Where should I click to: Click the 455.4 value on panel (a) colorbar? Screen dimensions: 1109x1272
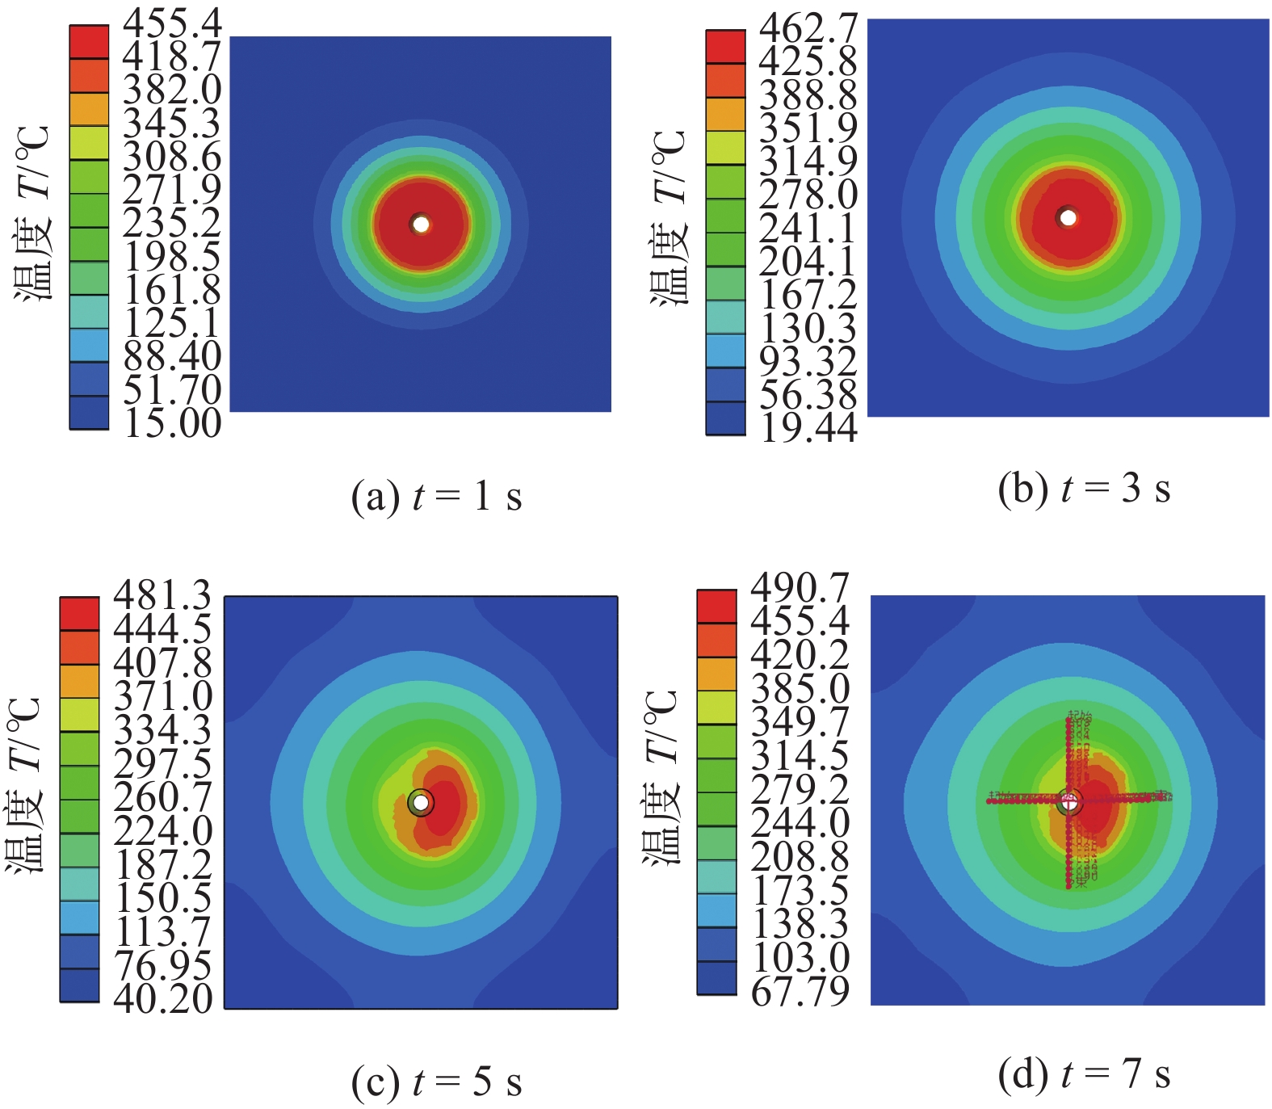click(x=172, y=23)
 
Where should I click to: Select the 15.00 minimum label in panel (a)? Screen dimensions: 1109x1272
click(x=172, y=422)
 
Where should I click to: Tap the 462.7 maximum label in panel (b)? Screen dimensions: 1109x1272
click(x=808, y=28)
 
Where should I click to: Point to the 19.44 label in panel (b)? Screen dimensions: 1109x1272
click(x=808, y=427)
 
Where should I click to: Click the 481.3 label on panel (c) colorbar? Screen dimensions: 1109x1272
click(x=162, y=595)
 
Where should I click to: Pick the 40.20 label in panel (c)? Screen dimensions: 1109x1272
click(x=162, y=999)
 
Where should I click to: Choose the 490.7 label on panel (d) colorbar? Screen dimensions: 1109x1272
click(x=800, y=587)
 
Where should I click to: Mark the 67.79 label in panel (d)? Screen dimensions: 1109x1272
click(x=800, y=991)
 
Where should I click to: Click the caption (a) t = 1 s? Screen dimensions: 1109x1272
click(x=436, y=496)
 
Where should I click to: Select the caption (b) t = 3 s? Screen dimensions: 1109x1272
click(x=1084, y=489)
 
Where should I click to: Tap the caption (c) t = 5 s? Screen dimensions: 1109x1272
click(x=436, y=1082)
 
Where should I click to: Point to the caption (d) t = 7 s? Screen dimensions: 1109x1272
click(x=1084, y=1074)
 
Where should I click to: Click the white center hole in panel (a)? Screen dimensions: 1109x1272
click(x=421, y=225)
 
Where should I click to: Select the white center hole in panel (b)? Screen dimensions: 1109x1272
click(x=1068, y=218)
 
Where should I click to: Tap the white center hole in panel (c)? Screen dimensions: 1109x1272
click(x=421, y=803)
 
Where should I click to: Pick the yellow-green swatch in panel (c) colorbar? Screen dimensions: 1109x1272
click(x=79, y=715)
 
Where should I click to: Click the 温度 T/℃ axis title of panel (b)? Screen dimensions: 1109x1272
click(x=670, y=218)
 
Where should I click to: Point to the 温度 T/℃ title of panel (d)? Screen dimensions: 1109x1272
click(x=661, y=778)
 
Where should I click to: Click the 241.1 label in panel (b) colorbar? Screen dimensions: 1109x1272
click(x=808, y=229)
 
